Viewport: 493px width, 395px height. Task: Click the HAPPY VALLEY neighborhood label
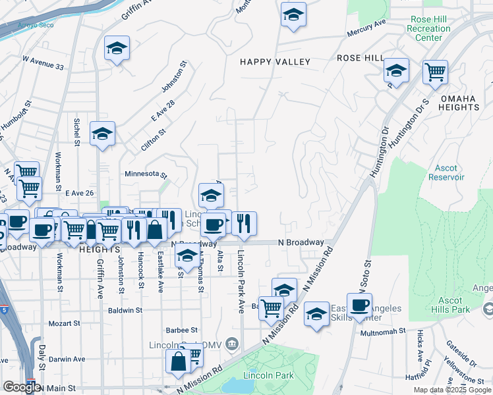[275, 62]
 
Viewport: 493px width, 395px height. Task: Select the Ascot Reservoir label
[446, 172]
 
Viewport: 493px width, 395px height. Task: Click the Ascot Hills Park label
[451, 305]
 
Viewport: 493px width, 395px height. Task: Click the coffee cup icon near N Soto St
[360, 305]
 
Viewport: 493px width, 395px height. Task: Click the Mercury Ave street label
[367, 28]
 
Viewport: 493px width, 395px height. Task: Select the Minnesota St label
[146, 174]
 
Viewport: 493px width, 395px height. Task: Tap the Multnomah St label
[382, 332]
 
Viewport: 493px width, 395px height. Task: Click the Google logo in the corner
[22, 387]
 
